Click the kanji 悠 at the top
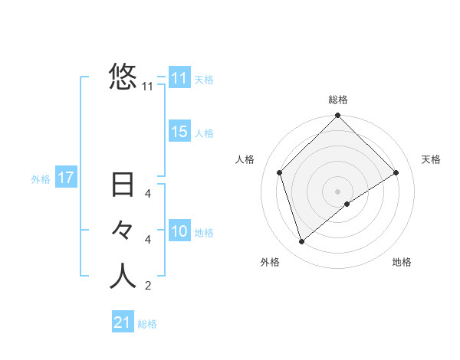tap(123, 77)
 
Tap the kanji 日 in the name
tap(123, 186)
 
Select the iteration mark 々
tap(123, 231)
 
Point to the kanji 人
tap(123, 276)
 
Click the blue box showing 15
tap(179, 132)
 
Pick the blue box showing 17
tap(65, 178)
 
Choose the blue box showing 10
tap(179, 231)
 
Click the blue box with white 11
tap(179, 78)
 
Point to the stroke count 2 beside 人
tap(148, 286)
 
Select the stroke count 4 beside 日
tap(148, 195)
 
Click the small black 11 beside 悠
tap(148, 87)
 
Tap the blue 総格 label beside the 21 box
tap(148, 324)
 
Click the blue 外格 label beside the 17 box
tap(41, 179)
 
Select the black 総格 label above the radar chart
tap(338, 100)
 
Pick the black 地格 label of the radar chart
tap(402, 262)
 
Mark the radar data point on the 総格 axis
tap(338, 116)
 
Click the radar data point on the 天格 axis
tap(396, 172)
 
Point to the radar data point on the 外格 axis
tap(302, 242)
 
